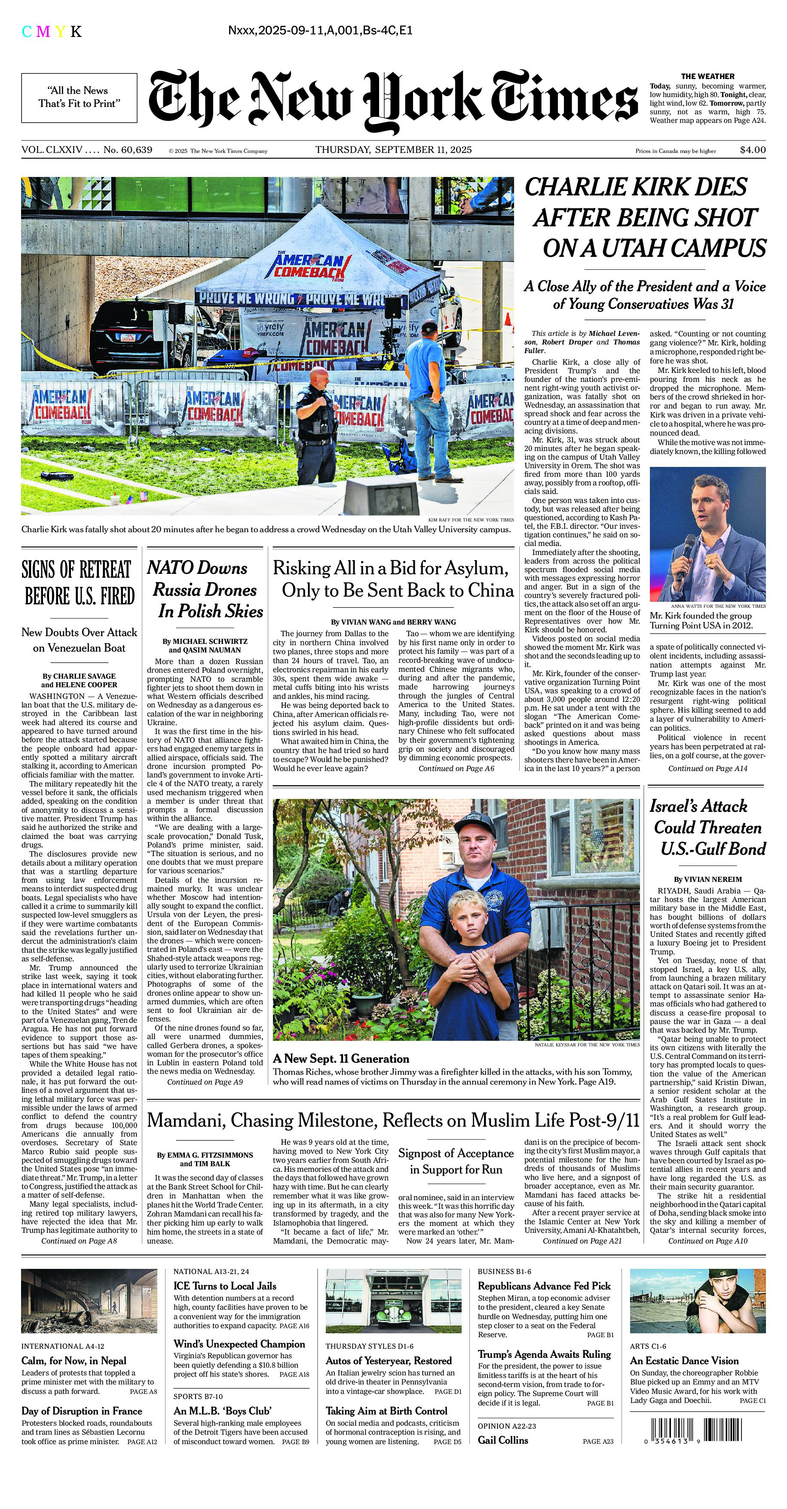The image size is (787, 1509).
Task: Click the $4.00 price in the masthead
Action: tap(753, 150)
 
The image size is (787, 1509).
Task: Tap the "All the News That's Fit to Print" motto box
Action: tap(79, 97)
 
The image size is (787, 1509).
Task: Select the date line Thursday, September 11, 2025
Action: tap(393, 150)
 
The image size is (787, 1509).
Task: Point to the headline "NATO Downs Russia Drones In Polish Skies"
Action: tap(205, 589)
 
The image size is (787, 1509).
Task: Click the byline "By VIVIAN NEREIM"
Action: tap(707, 879)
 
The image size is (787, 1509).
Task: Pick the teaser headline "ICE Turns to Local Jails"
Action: tap(224, 1286)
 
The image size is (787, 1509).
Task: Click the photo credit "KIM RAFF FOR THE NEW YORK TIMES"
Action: tap(471, 520)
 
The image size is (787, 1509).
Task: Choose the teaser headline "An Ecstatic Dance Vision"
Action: tap(684, 1361)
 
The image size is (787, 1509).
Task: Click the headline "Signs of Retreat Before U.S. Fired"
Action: tap(79, 582)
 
